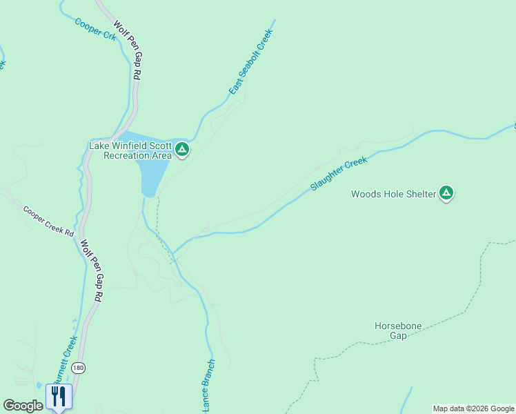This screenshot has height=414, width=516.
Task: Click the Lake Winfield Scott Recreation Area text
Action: (130, 150)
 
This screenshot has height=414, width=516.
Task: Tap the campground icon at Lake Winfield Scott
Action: (182, 149)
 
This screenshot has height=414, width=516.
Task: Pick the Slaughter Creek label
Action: (339, 174)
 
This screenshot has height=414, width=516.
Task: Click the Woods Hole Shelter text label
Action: (393, 194)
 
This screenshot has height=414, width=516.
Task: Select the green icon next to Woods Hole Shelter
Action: (446, 193)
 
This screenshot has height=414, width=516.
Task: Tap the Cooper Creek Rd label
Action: (48, 221)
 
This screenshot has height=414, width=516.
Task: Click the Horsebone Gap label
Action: (398, 331)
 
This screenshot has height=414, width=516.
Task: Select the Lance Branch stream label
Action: (208, 385)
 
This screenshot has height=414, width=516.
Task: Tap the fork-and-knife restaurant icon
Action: (59, 396)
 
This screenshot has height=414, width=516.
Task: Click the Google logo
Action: (23, 406)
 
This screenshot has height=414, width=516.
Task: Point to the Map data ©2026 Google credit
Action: (473, 408)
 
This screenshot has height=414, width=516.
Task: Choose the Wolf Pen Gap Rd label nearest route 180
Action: (91, 270)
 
